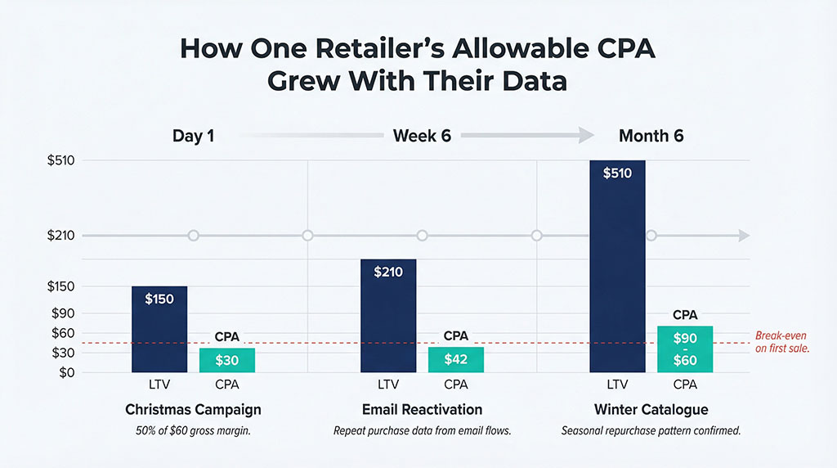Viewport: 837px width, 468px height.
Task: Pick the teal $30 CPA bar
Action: point(227,360)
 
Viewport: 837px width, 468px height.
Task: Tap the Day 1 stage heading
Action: point(193,136)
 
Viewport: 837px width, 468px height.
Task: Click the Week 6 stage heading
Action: point(422,136)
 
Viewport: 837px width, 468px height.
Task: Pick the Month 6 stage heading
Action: point(651,136)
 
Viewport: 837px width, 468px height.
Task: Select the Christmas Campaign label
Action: point(193,409)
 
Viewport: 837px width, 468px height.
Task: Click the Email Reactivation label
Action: point(422,409)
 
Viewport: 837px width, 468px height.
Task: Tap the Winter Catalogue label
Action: point(651,409)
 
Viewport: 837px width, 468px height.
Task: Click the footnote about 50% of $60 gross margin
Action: point(193,430)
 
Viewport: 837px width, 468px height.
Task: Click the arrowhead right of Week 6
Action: point(586,136)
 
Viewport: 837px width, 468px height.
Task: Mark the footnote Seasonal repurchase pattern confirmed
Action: point(651,430)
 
